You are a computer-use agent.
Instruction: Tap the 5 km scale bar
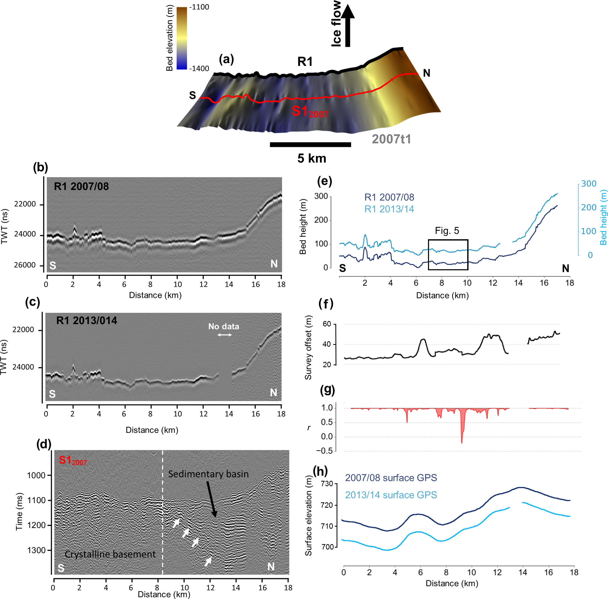(x=310, y=145)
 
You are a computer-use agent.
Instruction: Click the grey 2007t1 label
(x=391, y=139)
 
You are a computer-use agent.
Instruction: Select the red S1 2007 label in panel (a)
(x=310, y=112)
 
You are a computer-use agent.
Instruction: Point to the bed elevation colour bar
(x=182, y=38)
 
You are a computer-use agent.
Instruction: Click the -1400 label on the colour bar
(x=199, y=69)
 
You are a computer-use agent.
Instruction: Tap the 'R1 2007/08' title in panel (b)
(x=81, y=187)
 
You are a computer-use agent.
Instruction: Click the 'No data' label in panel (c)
(x=224, y=327)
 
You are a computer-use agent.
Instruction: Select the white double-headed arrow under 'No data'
(x=224, y=335)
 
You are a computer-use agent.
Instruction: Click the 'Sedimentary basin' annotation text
(x=208, y=474)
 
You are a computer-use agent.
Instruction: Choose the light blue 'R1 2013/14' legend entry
(x=389, y=209)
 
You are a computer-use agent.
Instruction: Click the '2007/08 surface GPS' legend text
(x=391, y=478)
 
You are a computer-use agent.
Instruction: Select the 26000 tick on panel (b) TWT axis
(x=25, y=265)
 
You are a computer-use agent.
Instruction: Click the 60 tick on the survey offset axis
(x=327, y=324)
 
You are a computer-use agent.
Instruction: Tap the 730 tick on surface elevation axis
(x=327, y=484)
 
